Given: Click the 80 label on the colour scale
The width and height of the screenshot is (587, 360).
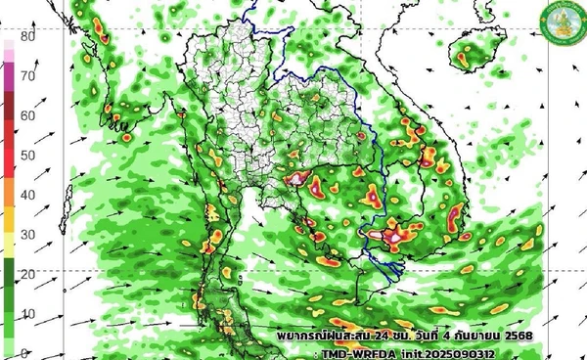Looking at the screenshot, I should [x=28, y=37].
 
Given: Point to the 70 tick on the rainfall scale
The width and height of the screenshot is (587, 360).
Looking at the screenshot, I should [x=28, y=75].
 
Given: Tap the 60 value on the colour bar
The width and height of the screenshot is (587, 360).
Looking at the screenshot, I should [x=28, y=115].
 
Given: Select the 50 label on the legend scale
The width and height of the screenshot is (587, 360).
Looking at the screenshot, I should [x=28, y=155].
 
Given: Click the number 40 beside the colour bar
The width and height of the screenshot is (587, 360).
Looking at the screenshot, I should [x=28, y=195].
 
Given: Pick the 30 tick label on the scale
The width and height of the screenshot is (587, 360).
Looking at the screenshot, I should [x=28, y=235].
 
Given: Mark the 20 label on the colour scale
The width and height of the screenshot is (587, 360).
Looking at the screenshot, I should [x=28, y=274].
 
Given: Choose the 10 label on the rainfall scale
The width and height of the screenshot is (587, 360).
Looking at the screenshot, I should [x=28, y=313].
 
